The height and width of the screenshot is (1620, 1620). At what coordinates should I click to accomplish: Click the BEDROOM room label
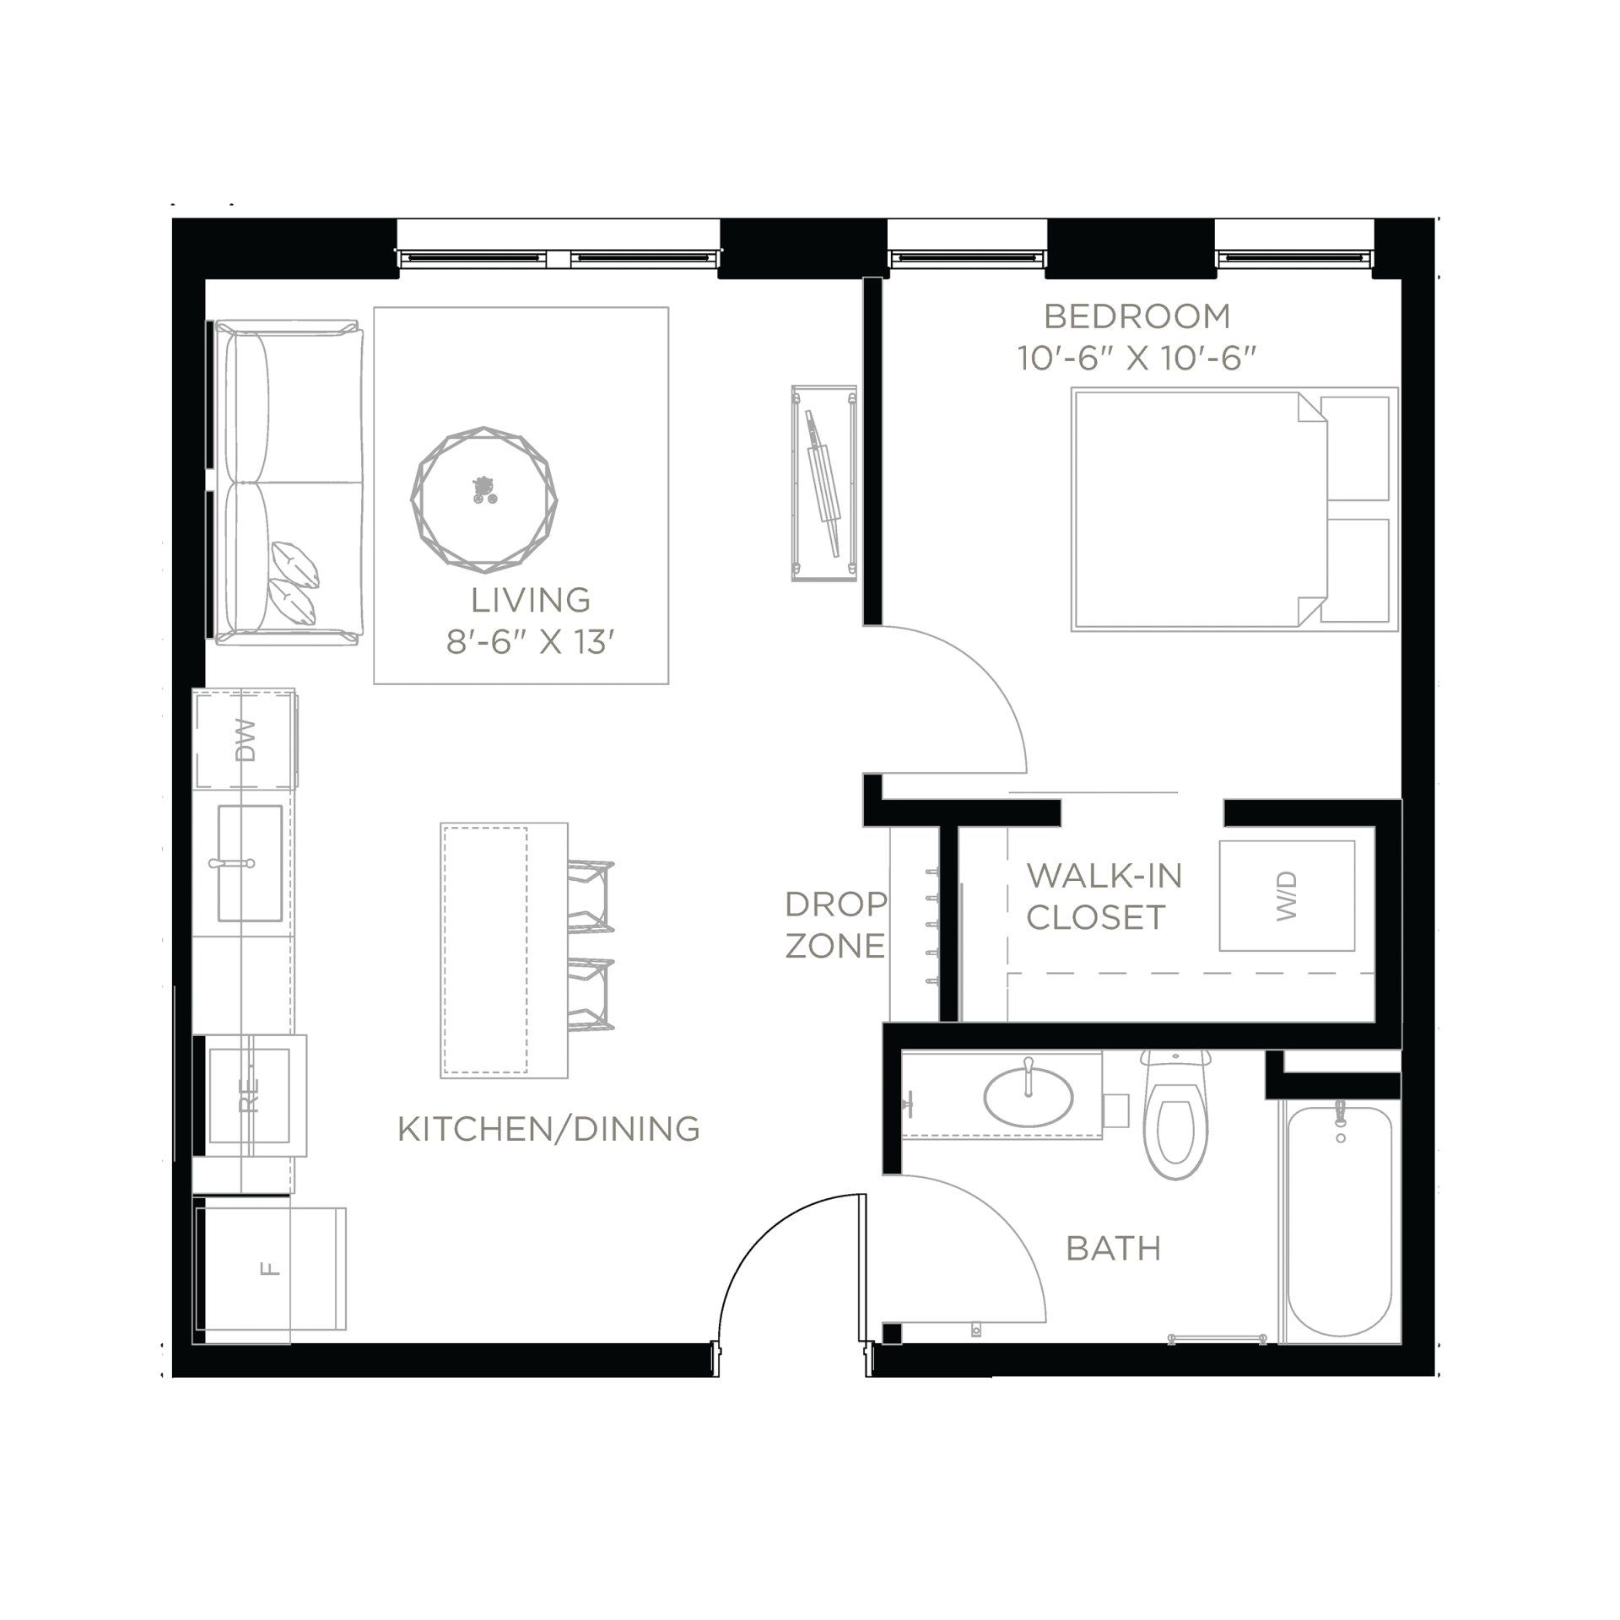1137,316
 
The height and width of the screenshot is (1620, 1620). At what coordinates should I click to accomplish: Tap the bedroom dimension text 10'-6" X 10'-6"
1137,359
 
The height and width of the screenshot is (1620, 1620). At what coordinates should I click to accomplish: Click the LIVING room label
531,600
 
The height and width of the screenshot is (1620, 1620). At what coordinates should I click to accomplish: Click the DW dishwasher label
246,740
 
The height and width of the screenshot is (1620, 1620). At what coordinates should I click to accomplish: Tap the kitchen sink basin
250,862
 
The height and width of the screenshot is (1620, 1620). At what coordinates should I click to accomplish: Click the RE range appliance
250,1095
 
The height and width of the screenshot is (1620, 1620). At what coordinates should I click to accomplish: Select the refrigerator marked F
270,1268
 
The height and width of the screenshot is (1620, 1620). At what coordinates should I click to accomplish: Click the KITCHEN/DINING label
548,1129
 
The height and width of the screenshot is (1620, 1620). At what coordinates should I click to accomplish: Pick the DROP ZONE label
835,925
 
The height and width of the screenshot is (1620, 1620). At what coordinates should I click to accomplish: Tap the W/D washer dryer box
1286,895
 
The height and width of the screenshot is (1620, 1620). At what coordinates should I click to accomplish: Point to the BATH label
1114,1249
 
